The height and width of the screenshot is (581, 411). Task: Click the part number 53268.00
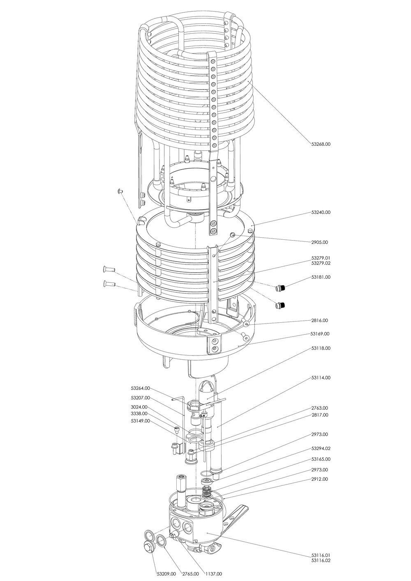coord(321,144)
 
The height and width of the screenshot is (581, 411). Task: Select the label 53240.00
coord(321,212)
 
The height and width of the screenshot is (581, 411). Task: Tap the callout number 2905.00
coord(320,242)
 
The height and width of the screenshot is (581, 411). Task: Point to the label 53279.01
coord(321,258)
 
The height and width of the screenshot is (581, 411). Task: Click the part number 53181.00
coord(321,277)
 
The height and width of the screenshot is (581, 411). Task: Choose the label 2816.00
coord(320,320)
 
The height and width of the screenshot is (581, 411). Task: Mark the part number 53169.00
coord(321,334)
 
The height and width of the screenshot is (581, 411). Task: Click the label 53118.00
coord(321,348)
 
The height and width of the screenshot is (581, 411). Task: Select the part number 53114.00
coord(321,377)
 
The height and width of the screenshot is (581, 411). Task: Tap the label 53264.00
coord(141,388)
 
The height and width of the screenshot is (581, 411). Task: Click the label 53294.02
coord(321,448)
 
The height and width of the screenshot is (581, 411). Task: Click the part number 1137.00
coord(214,574)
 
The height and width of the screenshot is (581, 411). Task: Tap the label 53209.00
coord(166,574)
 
